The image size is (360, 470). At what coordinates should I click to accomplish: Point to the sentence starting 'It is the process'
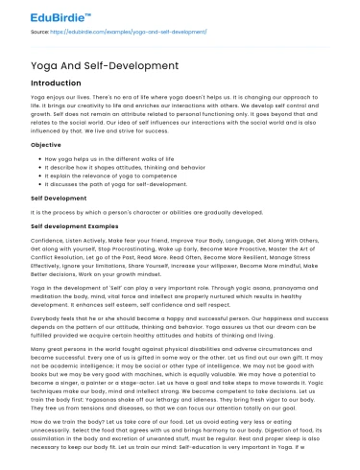tap(144, 202)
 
